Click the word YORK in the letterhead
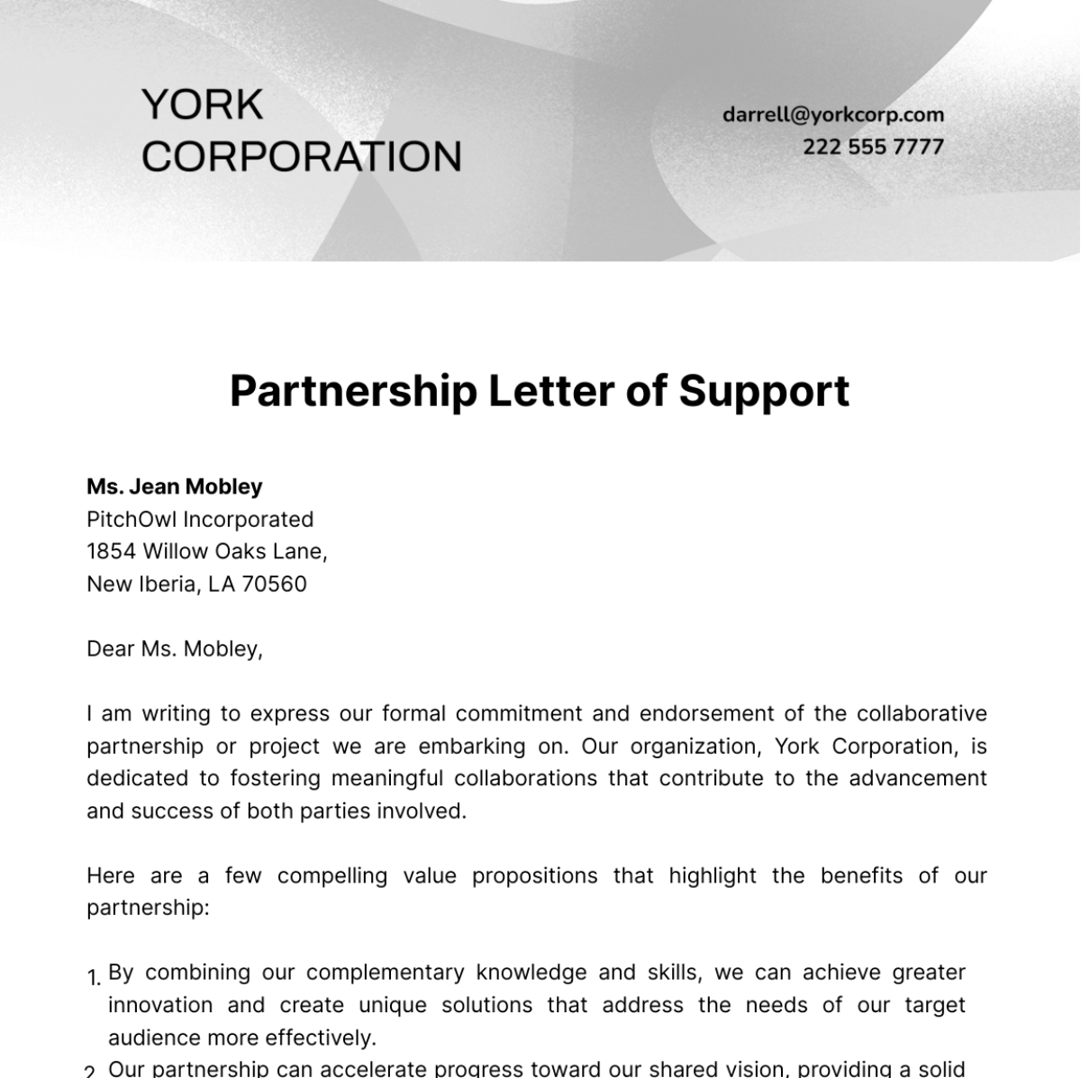pyautogui.click(x=202, y=104)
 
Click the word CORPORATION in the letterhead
pyautogui.click(x=301, y=156)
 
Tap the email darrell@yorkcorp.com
pyautogui.click(x=832, y=114)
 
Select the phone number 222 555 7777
pyautogui.click(x=873, y=147)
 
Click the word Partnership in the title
pyautogui.click(x=352, y=391)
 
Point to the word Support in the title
pyautogui.click(x=764, y=391)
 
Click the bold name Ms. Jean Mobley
pyautogui.click(x=174, y=486)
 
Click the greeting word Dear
pyautogui.click(x=110, y=648)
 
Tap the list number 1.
pyautogui.click(x=93, y=978)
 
